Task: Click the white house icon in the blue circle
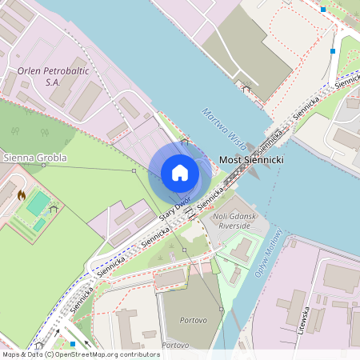pos(179,173)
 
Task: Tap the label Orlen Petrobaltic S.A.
pos(50,75)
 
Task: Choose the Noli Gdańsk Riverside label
pos(230,222)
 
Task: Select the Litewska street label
pos(303,320)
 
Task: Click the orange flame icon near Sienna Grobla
pos(22,194)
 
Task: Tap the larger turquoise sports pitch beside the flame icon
pos(38,203)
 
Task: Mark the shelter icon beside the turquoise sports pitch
pos(54,208)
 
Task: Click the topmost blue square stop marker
pos(323,10)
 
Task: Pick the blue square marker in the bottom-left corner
pos(73,344)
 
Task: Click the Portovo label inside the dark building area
pos(183,320)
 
